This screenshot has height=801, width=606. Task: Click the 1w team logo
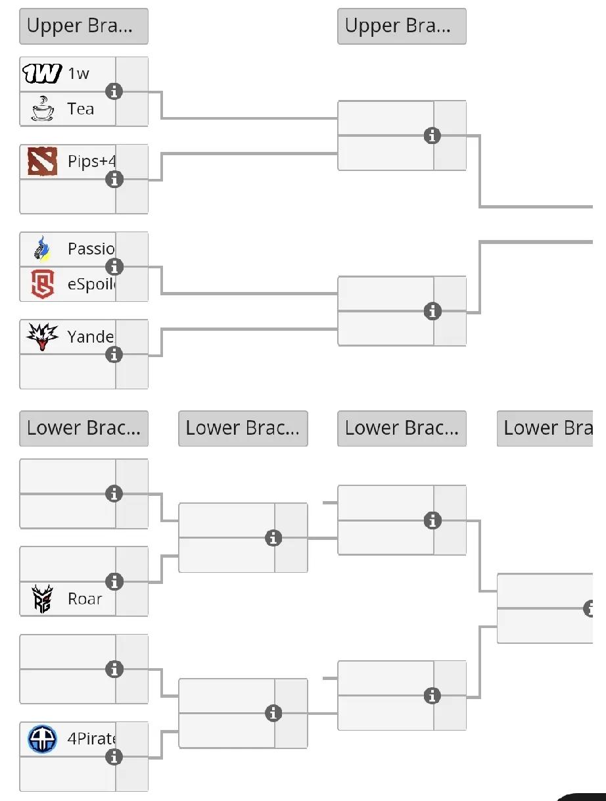click(42, 74)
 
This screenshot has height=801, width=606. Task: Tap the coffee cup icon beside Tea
click(42, 109)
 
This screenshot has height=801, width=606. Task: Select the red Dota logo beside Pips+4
click(42, 161)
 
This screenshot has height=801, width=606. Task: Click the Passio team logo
click(42, 249)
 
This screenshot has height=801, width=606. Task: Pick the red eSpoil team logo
click(42, 284)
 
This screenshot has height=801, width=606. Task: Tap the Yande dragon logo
click(42, 337)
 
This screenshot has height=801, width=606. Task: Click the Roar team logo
click(42, 598)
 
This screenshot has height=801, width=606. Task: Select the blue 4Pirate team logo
click(42, 739)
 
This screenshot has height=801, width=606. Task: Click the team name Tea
click(81, 109)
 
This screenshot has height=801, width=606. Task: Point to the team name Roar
click(85, 599)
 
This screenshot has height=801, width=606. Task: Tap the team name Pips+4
click(91, 162)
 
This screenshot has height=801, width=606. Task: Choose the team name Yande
click(90, 337)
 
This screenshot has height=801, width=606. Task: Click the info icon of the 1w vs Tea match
click(114, 91)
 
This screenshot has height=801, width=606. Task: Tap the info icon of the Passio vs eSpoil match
click(114, 267)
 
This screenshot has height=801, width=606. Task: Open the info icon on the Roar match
click(114, 581)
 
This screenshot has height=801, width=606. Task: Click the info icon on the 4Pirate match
click(114, 757)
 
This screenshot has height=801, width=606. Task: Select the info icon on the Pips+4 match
click(114, 179)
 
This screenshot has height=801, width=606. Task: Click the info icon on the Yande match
click(114, 354)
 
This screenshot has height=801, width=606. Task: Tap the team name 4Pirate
click(91, 739)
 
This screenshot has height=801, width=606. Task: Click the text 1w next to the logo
click(78, 74)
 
